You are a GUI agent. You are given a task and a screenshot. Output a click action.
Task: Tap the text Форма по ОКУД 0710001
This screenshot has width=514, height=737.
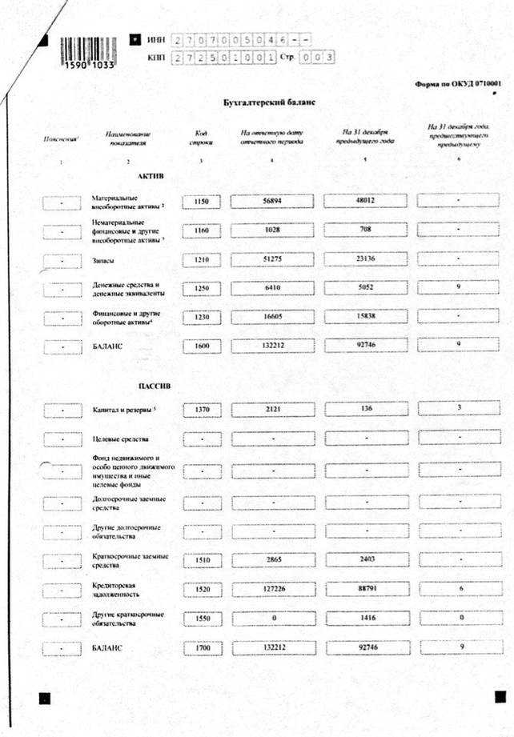click(459, 83)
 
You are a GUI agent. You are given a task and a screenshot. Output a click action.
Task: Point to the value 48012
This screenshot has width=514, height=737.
click(365, 202)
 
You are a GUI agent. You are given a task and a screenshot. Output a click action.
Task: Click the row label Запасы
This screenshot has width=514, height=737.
click(106, 259)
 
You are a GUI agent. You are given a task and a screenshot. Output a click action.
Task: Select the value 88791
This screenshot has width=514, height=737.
click(365, 589)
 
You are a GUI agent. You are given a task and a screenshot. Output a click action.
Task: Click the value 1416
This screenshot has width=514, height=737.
click(365, 619)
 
